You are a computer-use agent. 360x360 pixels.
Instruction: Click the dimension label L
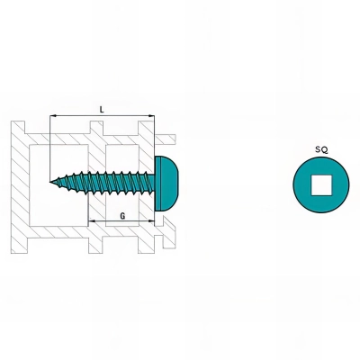point(102,110)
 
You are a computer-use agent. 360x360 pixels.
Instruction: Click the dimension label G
point(122,216)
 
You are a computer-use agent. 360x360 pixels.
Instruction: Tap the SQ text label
point(321,149)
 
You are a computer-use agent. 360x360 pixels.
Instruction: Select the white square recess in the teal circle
point(321,185)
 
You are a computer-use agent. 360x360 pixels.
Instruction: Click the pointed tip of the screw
point(50,182)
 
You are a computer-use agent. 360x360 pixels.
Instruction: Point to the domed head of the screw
point(166,184)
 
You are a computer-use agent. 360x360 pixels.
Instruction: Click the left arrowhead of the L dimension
point(52,115)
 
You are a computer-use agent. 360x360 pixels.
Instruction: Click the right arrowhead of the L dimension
point(152,115)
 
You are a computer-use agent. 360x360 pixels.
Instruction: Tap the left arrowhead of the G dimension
point(92,221)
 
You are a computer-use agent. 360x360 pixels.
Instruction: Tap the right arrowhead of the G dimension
point(151,221)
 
